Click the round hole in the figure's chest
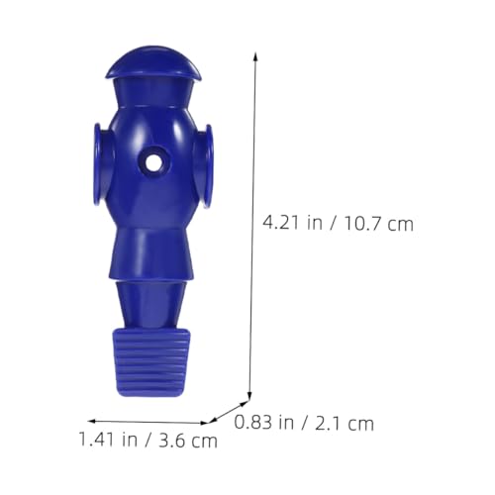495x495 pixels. point(151,162)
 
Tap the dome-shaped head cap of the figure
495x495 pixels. point(153,64)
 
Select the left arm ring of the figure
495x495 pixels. point(99,165)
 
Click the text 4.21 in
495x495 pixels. point(292,223)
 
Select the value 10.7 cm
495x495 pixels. point(379,224)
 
